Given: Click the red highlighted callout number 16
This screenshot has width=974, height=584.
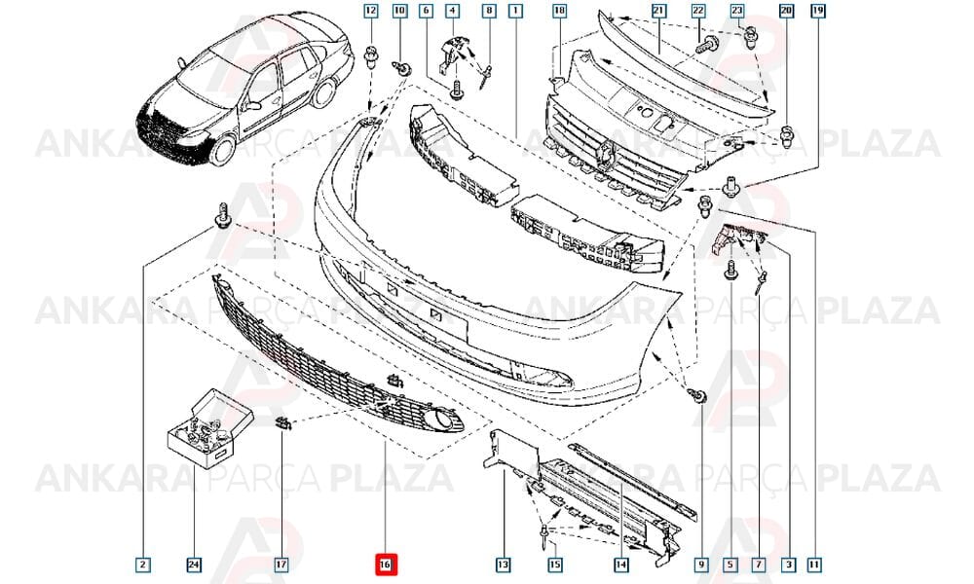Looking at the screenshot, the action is pos(386,565).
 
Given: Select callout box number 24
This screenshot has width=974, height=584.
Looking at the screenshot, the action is pos(194,565).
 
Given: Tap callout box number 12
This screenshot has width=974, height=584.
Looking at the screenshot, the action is pos(371,11).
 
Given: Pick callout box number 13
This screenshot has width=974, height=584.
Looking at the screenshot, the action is pos(503,565).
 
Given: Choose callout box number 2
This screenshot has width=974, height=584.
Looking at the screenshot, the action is pos(143,565).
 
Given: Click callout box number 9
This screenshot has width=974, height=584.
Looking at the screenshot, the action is pos(701,565).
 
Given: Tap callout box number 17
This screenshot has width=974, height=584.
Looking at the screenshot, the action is pos(281,565).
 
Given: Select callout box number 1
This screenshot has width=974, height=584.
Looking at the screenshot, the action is pos(515,11).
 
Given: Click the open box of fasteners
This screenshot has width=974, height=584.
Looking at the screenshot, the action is pos(210,426).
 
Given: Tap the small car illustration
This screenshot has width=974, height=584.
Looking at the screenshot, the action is pos(245,93).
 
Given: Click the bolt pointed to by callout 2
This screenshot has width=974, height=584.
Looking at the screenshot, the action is pos(222,215).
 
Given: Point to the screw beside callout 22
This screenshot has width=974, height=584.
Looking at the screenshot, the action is pos(707,46).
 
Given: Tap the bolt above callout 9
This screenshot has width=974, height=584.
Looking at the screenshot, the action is pos(697,393).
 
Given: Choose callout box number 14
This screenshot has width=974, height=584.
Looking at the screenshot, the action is pos(621,565).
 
